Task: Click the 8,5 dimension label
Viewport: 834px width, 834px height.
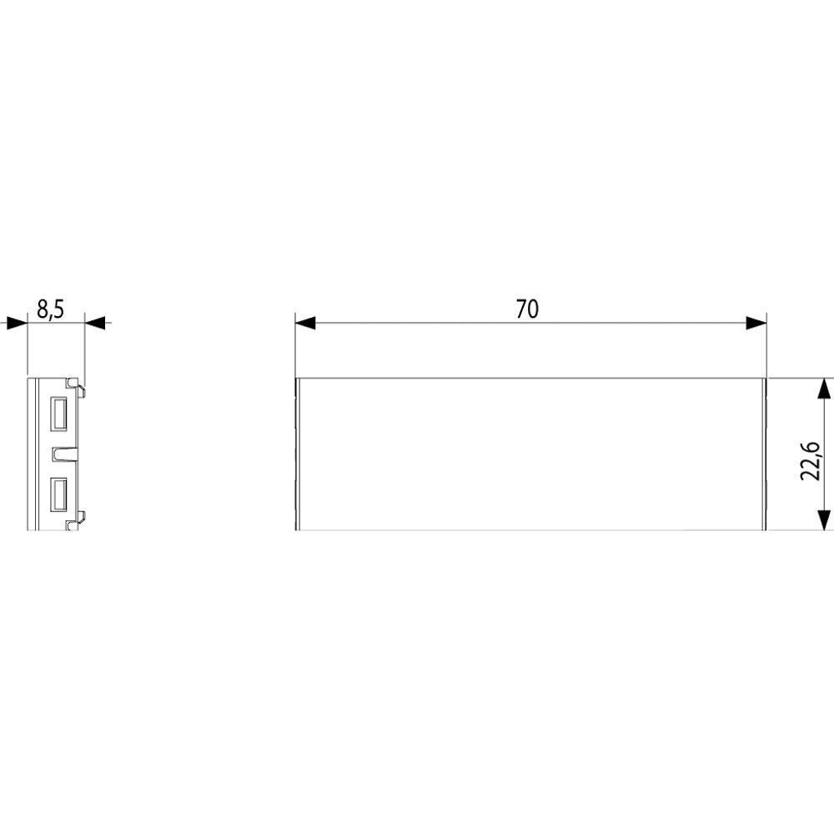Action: click(x=51, y=309)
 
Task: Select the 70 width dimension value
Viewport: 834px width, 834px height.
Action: click(x=527, y=309)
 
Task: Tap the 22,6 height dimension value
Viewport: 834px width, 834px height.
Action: click(x=811, y=460)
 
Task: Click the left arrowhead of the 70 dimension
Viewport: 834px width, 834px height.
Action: click(x=305, y=323)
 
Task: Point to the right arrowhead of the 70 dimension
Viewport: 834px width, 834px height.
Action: click(x=756, y=323)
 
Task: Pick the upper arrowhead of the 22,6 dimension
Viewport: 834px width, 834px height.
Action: click(x=823, y=389)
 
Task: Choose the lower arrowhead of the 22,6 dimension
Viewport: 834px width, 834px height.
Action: click(x=823, y=520)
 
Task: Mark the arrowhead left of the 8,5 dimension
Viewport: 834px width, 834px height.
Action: click(x=17, y=322)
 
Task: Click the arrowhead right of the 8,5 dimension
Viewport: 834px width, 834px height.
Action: click(x=95, y=322)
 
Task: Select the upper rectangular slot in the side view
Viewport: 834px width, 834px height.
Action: click(x=58, y=414)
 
